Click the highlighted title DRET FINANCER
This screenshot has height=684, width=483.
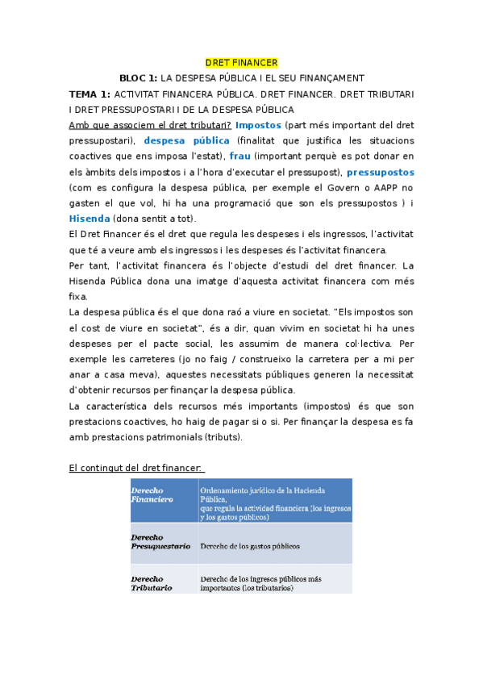(241, 63)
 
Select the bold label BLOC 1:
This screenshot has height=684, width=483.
(138, 78)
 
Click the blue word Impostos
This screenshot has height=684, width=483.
(258, 125)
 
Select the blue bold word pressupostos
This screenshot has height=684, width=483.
(381, 172)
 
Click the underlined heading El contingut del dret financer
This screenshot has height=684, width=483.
(137, 468)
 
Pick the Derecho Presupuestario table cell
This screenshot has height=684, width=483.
(160, 542)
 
